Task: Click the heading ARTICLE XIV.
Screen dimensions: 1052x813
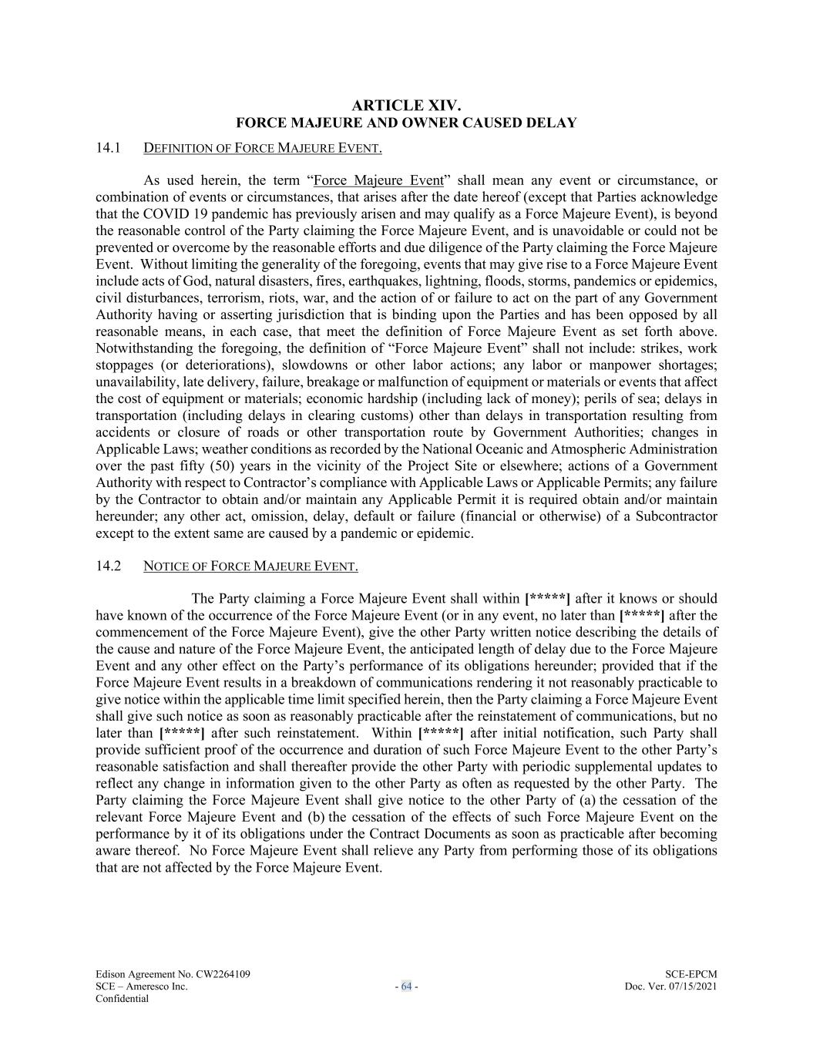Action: pos(406,106)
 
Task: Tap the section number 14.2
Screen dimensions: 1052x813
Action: pos(109,566)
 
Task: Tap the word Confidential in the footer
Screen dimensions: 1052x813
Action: pos(122,999)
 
